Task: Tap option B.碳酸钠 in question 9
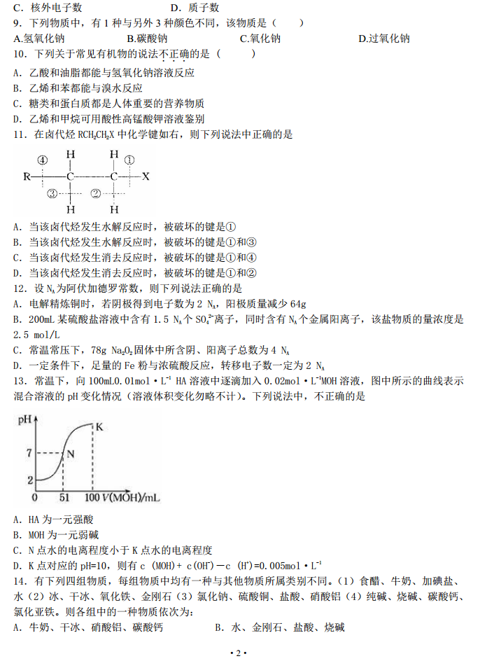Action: [146, 39]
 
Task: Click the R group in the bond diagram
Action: [27, 176]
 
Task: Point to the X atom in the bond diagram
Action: [146, 176]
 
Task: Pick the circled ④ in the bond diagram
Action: [43, 160]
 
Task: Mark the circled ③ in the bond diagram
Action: [50, 194]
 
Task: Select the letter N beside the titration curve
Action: [71, 454]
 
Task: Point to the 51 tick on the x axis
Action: [63, 497]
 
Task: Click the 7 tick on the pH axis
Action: [29, 453]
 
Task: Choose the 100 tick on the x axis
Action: [92, 497]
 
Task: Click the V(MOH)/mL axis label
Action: [132, 497]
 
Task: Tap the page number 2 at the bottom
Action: [239, 653]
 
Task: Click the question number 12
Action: [20, 288]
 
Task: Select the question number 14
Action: [20, 581]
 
